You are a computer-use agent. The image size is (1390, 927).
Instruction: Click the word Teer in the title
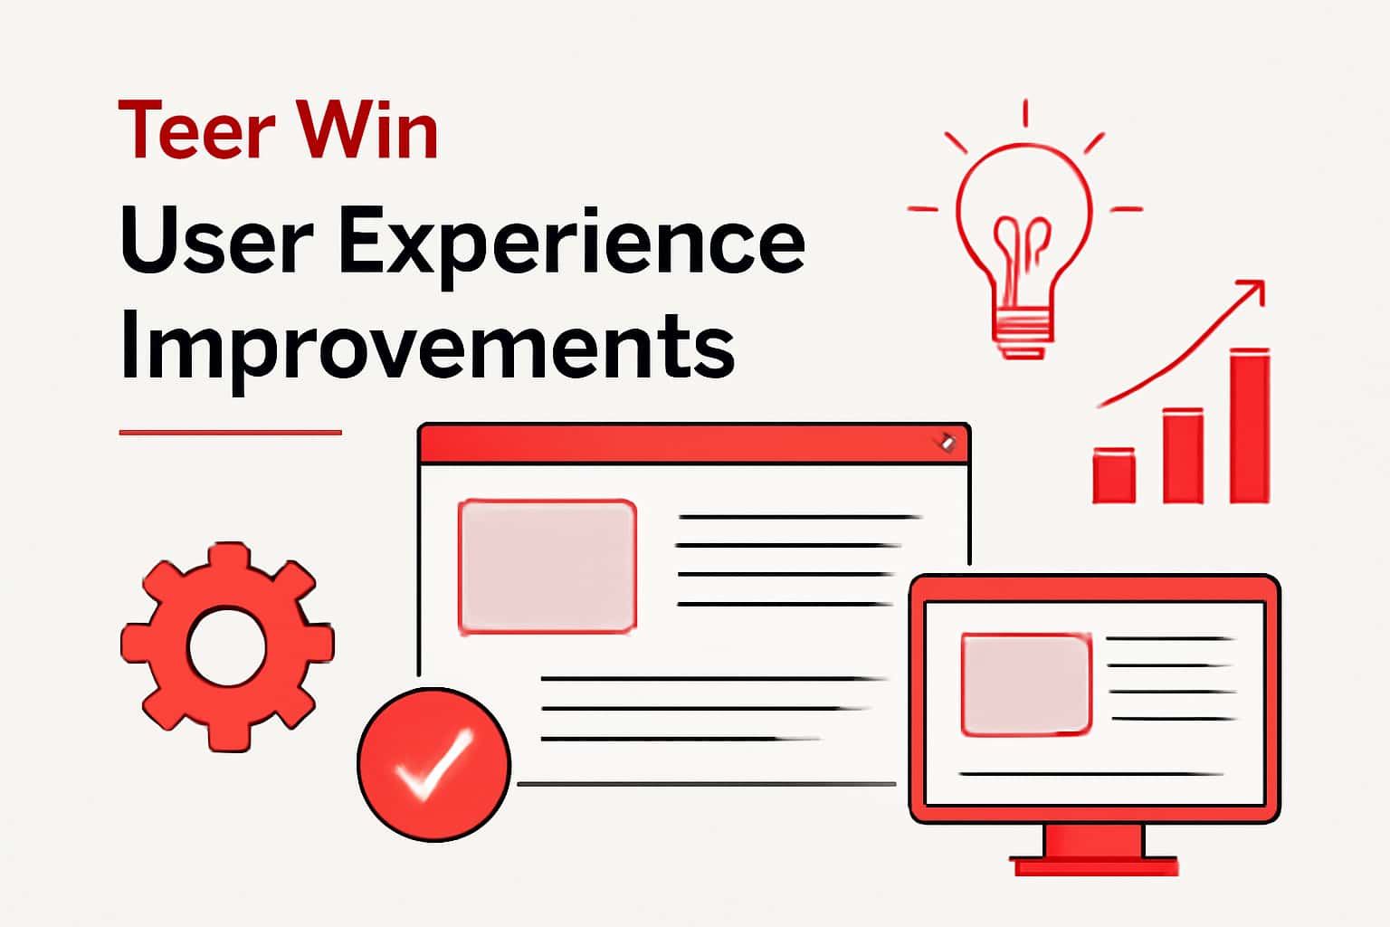(x=196, y=131)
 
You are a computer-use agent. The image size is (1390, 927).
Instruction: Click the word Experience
(x=571, y=244)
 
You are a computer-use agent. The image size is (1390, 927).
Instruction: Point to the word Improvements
(x=426, y=349)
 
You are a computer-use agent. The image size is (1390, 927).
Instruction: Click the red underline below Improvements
(x=230, y=433)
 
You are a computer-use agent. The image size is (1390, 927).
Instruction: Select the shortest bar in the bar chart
(x=1114, y=475)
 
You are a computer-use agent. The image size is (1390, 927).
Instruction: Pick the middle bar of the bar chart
(x=1183, y=456)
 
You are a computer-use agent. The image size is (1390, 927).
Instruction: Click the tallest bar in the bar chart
(x=1250, y=425)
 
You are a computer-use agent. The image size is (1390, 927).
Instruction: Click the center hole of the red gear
(x=227, y=647)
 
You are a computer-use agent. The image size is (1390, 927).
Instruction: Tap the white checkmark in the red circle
(x=433, y=765)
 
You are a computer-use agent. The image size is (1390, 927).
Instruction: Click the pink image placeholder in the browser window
(x=547, y=566)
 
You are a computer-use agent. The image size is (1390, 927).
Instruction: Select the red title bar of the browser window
(x=688, y=444)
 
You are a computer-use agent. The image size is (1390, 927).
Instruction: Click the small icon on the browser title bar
(x=947, y=442)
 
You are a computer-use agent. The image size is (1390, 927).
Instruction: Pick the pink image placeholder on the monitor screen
(x=1025, y=683)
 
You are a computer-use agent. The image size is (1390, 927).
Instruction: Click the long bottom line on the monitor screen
(x=1090, y=774)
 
